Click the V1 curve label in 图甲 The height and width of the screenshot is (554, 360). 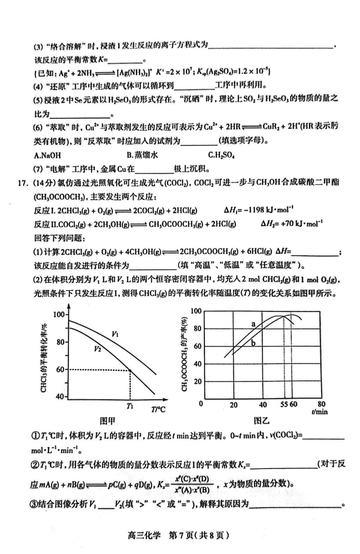(x=115, y=334)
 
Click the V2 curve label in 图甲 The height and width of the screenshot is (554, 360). (x=98, y=349)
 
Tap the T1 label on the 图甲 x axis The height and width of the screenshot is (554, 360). (x=130, y=407)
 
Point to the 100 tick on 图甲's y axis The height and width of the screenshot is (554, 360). (x=58, y=315)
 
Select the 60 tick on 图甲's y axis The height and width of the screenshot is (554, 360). (x=60, y=369)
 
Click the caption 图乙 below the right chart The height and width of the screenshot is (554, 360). (x=262, y=420)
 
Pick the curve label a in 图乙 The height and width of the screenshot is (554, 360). (x=253, y=324)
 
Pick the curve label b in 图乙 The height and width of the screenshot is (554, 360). (x=253, y=343)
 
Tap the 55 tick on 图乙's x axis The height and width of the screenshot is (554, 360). (x=284, y=404)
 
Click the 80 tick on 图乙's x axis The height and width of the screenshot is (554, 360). (x=321, y=404)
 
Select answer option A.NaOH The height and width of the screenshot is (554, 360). (x=48, y=155)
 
